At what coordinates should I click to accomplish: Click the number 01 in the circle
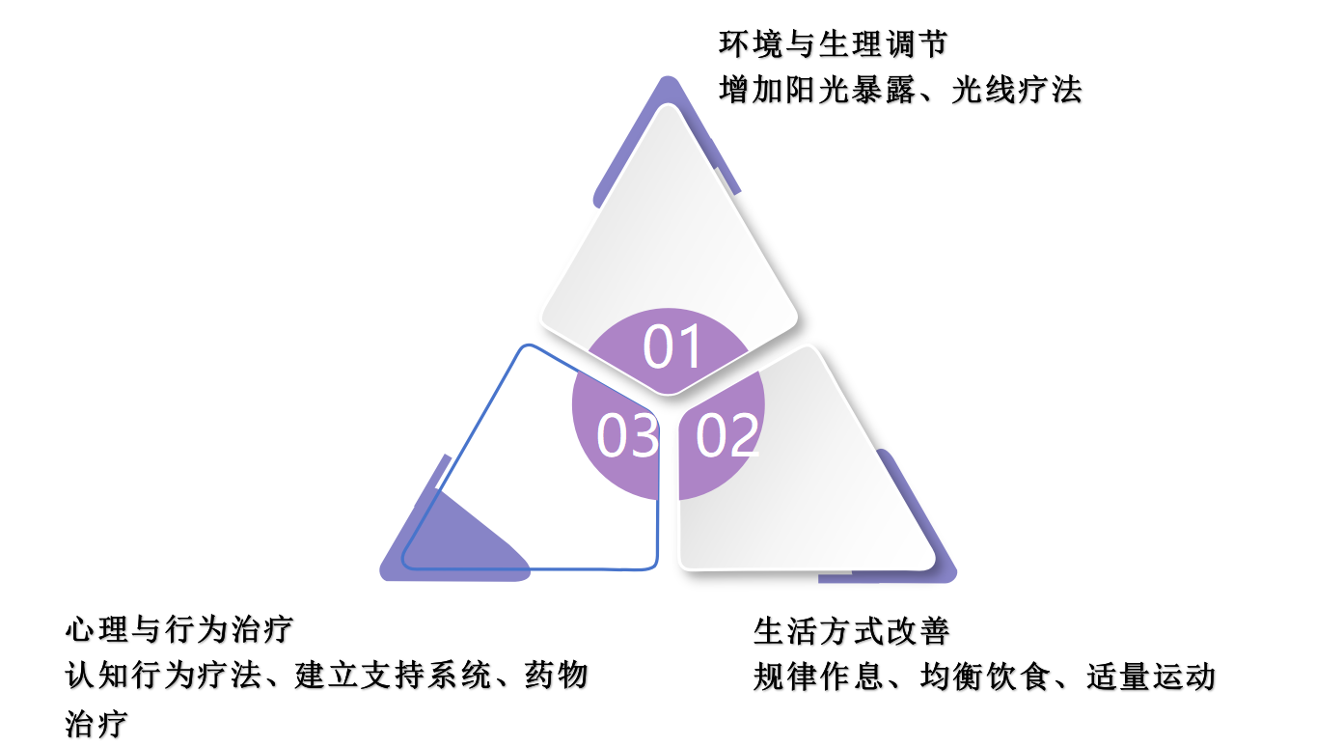pos(672,347)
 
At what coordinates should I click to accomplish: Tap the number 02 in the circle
pos(727,435)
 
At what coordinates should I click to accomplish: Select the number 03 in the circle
pos(627,435)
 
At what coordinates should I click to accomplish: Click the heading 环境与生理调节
pos(834,44)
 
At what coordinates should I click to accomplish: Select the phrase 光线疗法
pos(1017,90)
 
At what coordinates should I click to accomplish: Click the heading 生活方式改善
pos(851,631)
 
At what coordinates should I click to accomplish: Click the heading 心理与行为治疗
pos(178,630)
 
